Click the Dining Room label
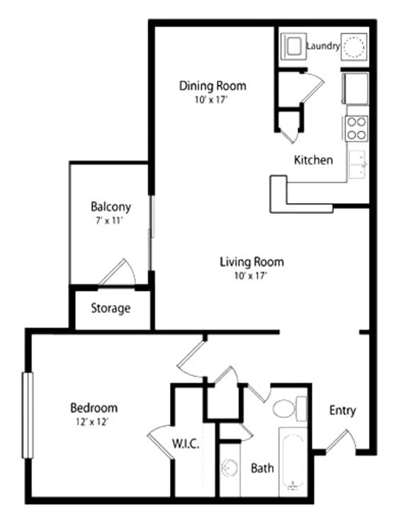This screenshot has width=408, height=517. (x=212, y=86)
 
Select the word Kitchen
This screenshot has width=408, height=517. (x=313, y=160)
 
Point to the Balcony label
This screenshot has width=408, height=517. (x=110, y=207)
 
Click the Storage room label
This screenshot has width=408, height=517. (x=110, y=308)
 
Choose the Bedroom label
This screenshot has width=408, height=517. (x=93, y=408)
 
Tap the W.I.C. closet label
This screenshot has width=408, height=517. (x=186, y=444)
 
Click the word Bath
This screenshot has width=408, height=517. (x=262, y=468)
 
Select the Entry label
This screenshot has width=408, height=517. (x=343, y=411)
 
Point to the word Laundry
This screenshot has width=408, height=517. (x=323, y=46)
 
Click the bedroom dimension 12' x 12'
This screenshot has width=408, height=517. (x=93, y=422)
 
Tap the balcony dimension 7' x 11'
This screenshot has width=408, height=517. (x=110, y=220)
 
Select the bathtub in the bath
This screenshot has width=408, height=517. (x=293, y=460)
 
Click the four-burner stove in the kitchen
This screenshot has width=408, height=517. (x=356, y=128)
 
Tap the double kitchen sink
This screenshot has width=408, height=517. (x=358, y=165)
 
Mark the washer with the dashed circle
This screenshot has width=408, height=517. (x=354, y=47)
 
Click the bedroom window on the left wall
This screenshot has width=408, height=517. (x=28, y=415)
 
